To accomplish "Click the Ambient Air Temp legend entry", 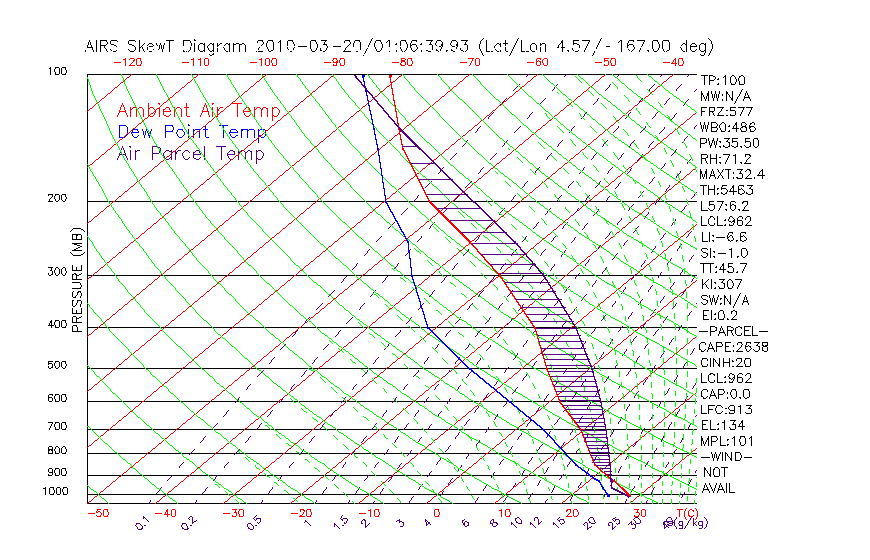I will click(x=198, y=112).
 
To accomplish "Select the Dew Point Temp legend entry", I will click(x=192, y=133).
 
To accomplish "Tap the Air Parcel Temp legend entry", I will click(x=190, y=154).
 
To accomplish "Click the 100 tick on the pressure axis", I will click(x=57, y=72).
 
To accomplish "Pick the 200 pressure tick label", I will click(x=57, y=199).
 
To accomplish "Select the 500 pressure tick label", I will click(x=57, y=366).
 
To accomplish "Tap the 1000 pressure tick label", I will click(x=54, y=492).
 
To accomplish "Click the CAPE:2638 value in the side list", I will click(x=733, y=347).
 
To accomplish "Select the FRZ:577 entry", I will click(x=725, y=111).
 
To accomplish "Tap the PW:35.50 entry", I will click(x=729, y=143).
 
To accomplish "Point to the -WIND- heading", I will click(x=725, y=456).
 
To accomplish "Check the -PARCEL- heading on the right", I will click(x=733, y=331).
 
